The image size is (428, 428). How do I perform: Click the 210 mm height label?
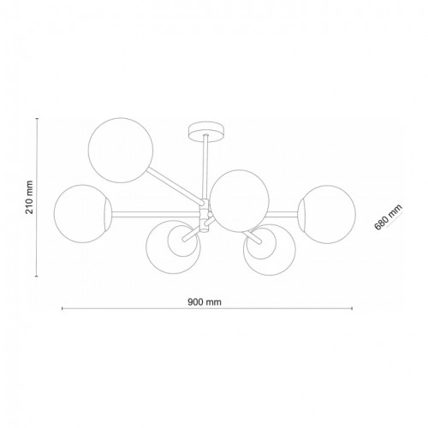point(29,197)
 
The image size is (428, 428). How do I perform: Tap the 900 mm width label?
point(205,302)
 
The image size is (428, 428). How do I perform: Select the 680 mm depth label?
point(388,217)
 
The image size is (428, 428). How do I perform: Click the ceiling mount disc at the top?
point(206,131)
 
